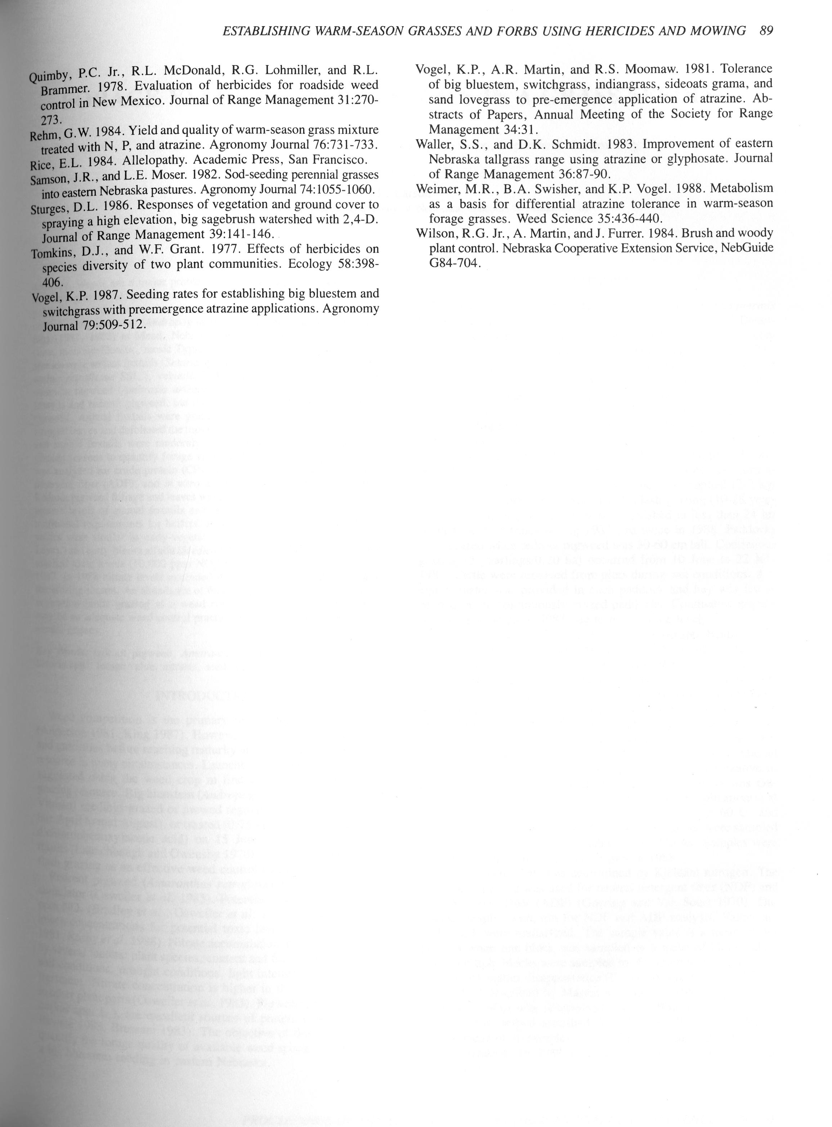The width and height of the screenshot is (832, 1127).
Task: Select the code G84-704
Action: [x=453, y=263]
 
